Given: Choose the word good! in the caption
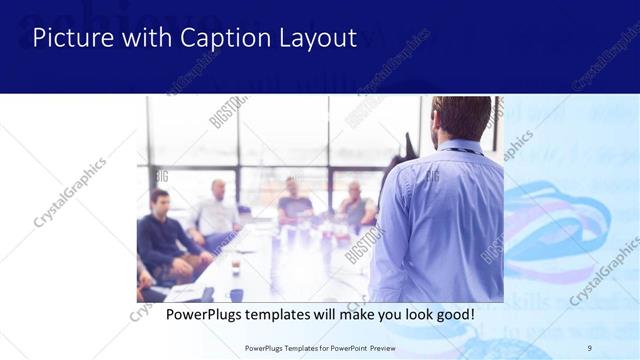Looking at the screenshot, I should pyautogui.click(x=452, y=314).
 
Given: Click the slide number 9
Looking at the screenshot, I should pyautogui.click(x=589, y=347).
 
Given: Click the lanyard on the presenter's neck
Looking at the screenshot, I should pyautogui.click(x=460, y=151).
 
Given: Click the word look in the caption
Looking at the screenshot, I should pyautogui.click(x=408, y=314).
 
